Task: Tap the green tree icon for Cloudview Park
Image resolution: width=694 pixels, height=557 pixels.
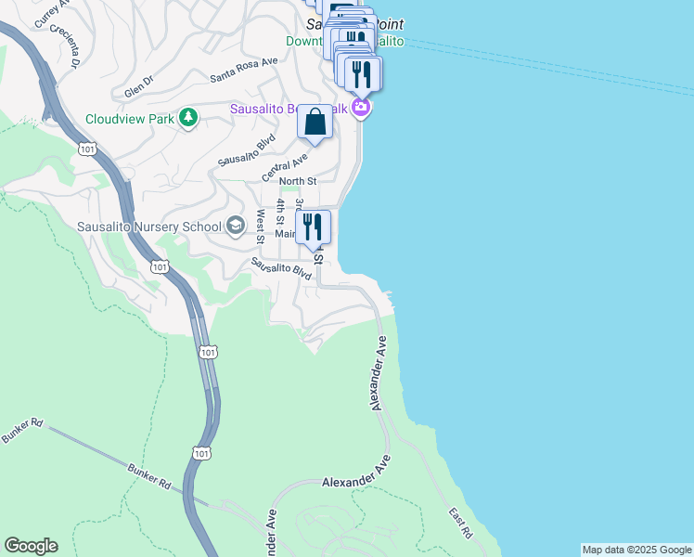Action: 188,116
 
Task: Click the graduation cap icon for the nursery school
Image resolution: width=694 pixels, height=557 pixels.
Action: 236,226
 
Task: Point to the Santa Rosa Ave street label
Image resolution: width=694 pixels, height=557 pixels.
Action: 243,70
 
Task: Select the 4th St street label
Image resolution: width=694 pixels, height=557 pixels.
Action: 279,211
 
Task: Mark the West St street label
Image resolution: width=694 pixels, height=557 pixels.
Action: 261,225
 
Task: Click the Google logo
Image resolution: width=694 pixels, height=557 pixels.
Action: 31,546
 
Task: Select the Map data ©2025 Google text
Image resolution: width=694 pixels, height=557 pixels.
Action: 636,550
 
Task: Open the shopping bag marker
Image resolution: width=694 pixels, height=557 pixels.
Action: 315,123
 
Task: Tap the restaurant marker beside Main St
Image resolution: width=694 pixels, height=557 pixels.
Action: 313,225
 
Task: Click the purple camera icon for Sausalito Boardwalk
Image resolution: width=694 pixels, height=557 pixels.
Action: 362,109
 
